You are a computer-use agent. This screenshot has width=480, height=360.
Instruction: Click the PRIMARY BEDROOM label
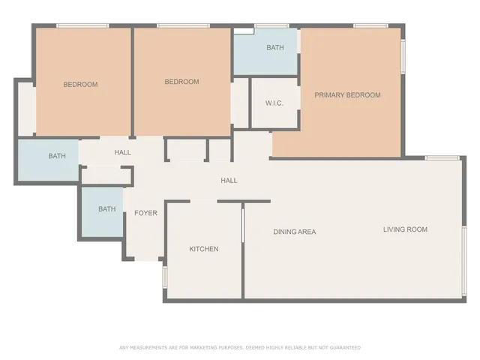347,95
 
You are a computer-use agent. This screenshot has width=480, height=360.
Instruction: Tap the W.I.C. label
274,103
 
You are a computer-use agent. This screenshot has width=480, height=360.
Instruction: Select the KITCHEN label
203,249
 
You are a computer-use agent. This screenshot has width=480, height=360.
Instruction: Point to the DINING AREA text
294,232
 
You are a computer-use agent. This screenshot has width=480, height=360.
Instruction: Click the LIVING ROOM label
405,229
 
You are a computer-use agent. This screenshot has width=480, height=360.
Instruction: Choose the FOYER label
145,213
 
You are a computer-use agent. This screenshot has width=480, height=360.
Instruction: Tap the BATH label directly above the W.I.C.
275,48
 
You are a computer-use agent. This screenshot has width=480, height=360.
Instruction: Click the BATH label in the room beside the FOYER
106,209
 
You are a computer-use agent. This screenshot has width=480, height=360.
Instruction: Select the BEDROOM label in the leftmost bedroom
80,85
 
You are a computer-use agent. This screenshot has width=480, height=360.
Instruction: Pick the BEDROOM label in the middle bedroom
181,82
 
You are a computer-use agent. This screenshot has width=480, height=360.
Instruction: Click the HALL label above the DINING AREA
229,181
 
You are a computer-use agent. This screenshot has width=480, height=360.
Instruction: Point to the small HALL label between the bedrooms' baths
122,152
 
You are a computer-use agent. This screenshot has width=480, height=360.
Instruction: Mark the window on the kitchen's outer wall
165,277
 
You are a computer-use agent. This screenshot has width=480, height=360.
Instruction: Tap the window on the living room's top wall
442,157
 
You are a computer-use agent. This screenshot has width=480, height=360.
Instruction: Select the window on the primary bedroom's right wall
403,56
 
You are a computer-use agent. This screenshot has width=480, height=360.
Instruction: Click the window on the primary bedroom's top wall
365,26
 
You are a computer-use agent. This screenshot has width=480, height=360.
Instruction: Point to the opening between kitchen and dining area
242,225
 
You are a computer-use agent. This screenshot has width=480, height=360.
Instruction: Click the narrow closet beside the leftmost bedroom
25,109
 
